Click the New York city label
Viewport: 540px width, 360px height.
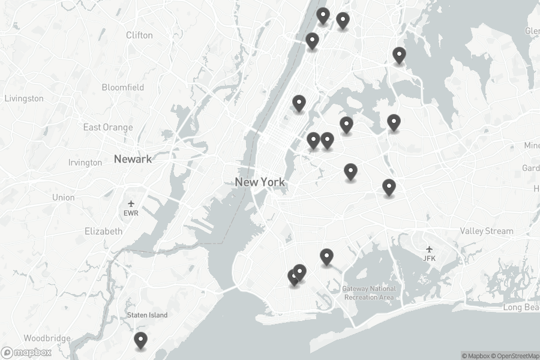tap(260, 182)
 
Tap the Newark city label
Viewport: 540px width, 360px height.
tap(133, 159)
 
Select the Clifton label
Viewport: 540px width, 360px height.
tap(139, 35)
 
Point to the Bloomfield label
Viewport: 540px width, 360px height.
tap(123, 88)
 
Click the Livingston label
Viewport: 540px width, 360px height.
tap(24, 98)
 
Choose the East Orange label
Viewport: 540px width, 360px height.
tap(108, 127)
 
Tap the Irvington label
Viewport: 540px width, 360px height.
tap(85, 163)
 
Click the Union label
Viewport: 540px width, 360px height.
tap(64, 197)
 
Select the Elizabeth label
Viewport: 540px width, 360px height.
tap(103, 231)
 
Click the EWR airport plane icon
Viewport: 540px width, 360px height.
tap(131, 204)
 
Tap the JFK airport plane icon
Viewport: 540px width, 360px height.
tap(429, 249)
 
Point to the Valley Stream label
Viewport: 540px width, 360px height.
tap(487, 231)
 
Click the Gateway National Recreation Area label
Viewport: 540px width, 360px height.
tap(369, 293)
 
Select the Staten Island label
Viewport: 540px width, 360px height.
tap(147, 315)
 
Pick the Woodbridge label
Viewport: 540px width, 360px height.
tap(47, 338)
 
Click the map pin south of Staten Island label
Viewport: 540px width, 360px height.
tap(140, 340)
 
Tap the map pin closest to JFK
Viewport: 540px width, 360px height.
tap(389, 187)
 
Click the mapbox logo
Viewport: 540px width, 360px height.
tap(26, 353)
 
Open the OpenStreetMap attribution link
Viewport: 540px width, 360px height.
tap(515, 356)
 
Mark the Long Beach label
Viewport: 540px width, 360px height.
tap(521, 308)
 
